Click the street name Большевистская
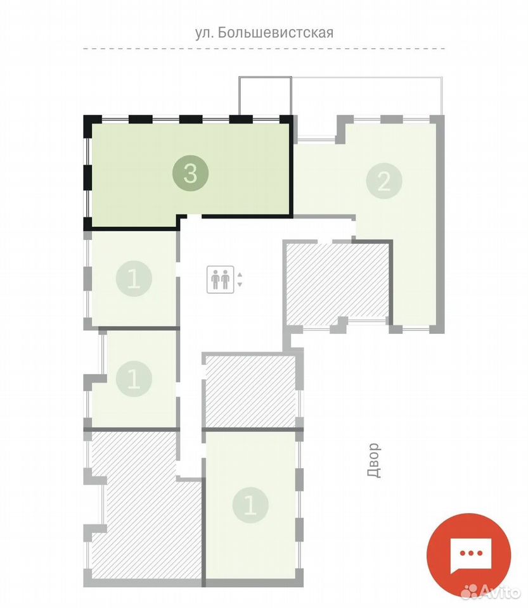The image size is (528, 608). click(276, 32)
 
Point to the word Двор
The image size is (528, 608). click(373, 460)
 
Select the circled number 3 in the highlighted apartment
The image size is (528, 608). click(191, 174)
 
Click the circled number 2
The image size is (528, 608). click(384, 180)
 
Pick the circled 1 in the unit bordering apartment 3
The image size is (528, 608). click(134, 279)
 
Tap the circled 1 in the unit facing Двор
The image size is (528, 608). click(250, 505)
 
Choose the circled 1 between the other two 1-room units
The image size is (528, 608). click(134, 379)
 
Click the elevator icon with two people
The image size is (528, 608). click(221, 279)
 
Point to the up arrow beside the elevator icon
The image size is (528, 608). click(240, 274)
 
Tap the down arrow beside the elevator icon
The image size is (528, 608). click(240, 284)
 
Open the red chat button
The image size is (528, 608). click(468, 555)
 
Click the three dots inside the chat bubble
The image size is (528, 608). click(470, 554)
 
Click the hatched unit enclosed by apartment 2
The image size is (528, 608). click(337, 283)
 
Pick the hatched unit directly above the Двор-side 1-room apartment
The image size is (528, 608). click(251, 391)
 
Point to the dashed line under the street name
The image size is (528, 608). click(264, 49)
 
